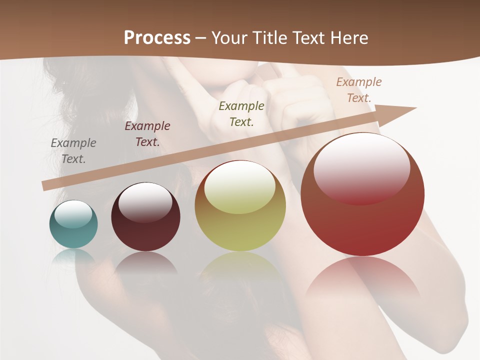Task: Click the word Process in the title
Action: [x=157, y=38]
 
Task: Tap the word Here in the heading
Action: [x=348, y=38]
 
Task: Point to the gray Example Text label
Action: [x=73, y=151]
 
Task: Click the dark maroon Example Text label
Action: [x=147, y=134]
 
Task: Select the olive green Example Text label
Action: [x=241, y=114]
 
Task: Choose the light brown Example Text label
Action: [x=359, y=90]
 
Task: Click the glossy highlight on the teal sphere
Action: [x=73, y=214]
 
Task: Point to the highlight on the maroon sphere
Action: [x=145, y=201]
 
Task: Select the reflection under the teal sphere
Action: [x=73, y=255]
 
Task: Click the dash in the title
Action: [x=201, y=38]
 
